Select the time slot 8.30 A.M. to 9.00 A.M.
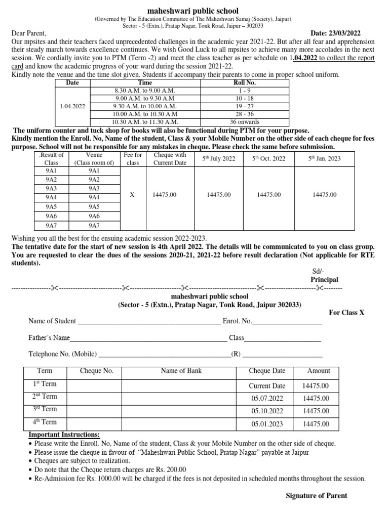(x=145, y=89)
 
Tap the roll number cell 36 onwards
(x=245, y=121)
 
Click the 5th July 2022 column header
(x=219, y=159)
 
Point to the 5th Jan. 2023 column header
(x=324, y=159)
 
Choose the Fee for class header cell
(x=133, y=159)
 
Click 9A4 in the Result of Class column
(x=52, y=197)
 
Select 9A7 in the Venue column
(x=94, y=225)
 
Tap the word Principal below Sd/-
(x=324, y=280)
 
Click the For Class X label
(x=346, y=313)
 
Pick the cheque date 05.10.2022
(x=267, y=411)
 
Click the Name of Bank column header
(x=181, y=371)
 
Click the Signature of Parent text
(x=317, y=496)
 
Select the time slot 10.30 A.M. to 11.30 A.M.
(x=145, y=121)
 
